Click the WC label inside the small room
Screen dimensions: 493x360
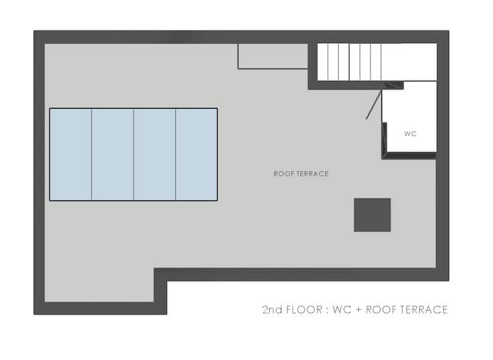pyautogui.click(x=410, y=134)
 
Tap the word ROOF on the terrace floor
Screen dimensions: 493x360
pyautogui.click(x=284, y=174)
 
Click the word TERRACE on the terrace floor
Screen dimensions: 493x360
pyautogui.click(x=313, y=174)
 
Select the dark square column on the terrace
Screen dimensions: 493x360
pyautogui.click(x=372, y=215)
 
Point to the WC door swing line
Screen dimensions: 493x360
pyautogui.click(x=374, y=105)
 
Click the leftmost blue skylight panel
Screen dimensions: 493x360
pyautogui.click(x=71, y=154)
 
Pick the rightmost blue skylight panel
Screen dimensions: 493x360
pyautogui.click(x=197, y=154)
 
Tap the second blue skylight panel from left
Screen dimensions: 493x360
pyautogui.click(x=112, y=154)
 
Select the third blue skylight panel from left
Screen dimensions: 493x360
pyautogui.click(x=155, y=154)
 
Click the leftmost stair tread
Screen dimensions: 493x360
pyautogui.click(x=323, y=62)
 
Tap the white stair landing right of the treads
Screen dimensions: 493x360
pyautogui.click(x=409, y=62)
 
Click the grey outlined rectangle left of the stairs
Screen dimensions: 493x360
pyautogui.click(x=273, y=56)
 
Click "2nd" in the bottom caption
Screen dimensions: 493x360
pyautogui.click(x=273, y=310)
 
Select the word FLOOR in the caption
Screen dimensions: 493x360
pyautogui.click(x=304, y=310)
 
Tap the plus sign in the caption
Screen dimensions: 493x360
pyautogui.click(x=358, y=310)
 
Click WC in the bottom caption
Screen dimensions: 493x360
pyautogui.click(x=342, y=310)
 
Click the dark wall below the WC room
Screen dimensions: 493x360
pyautogui.click(x=409, y=155)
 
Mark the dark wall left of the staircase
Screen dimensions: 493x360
pyautogui.click(x=312, y=66)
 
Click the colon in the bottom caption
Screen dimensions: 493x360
pyautogui.click(x=327, y=311)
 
